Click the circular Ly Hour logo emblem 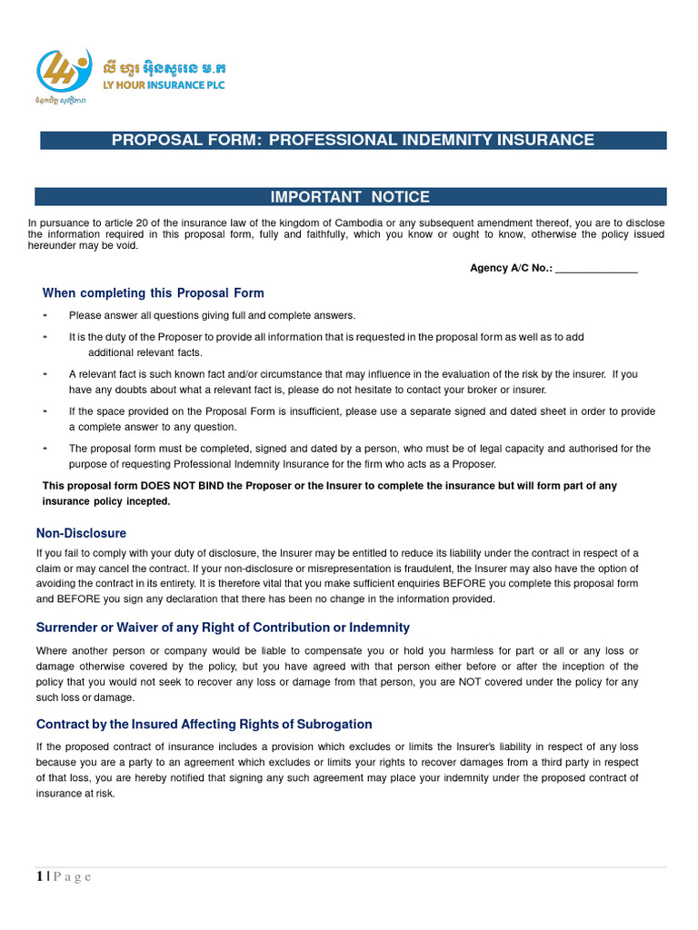[x=64, y=71]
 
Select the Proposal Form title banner [x=352, y=140]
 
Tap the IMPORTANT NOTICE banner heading [x=350, y=197]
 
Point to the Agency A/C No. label [x=510, y=268]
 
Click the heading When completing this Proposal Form [x=153, y=292]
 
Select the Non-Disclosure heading [x=81, y=533]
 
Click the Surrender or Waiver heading [x=223, y=628]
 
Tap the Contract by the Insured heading [x=204, y=724]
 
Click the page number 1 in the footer [x=39, y=876]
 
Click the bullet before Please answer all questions [x=45, y=315]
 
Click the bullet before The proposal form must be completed [x=45, y=448]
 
